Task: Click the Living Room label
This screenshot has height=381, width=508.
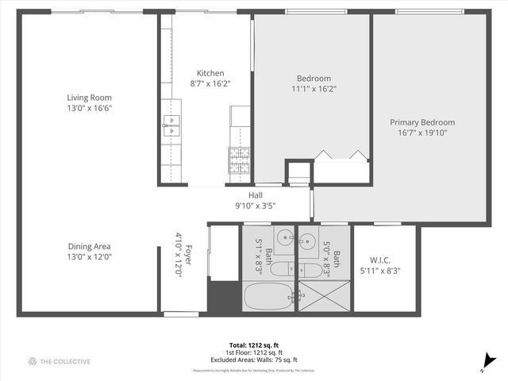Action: tap(89, 98)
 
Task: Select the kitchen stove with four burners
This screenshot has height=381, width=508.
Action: tap(240, 160)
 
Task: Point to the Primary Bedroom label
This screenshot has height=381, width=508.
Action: tap(422, 122)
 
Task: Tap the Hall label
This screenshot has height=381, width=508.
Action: tap(255, 195)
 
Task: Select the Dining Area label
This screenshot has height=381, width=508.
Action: tap(89, 246)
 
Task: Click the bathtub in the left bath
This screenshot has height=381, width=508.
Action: tap(267, 298)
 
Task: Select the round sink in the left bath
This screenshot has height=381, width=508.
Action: tap(285, 236)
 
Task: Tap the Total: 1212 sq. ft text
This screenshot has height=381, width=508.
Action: tap(254, 344)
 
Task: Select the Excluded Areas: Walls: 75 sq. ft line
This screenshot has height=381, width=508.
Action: tap(254, 360)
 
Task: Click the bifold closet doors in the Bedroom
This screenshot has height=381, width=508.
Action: tap(341, 156)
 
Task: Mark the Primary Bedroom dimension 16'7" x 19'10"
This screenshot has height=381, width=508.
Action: tap(422, 133)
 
